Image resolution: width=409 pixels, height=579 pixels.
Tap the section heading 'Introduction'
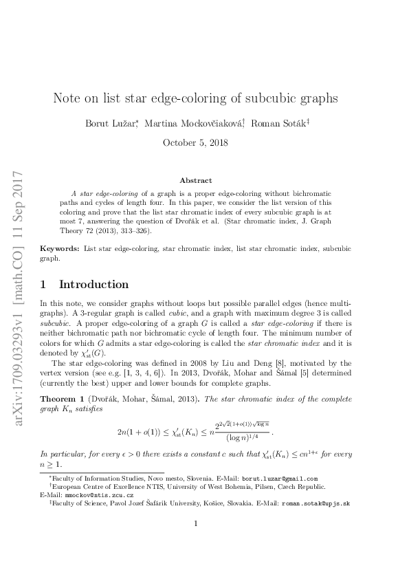(x=94, y=284)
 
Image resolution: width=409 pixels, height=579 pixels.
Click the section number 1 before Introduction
(x=45, y=284)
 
